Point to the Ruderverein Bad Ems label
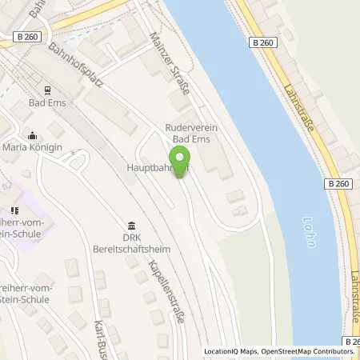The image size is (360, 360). click(197, 134)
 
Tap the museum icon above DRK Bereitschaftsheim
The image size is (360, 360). click(130, 226)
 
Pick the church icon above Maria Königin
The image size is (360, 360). click(31, 135)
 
